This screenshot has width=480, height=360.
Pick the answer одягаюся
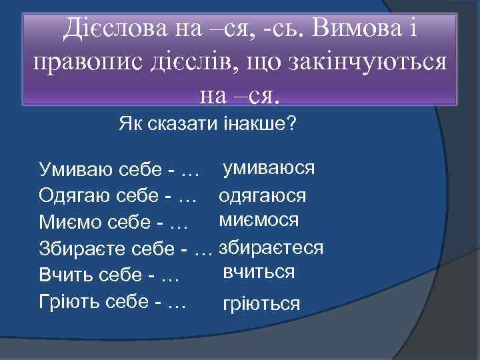262,196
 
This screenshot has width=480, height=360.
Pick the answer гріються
261,304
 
